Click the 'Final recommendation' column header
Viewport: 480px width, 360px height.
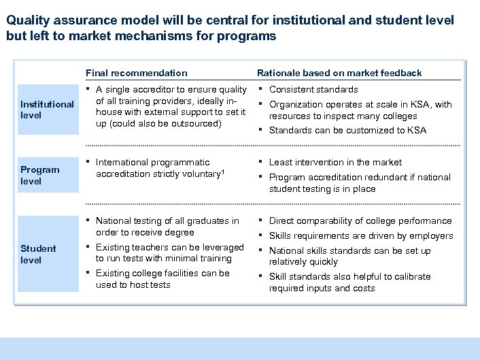tap(136, 73)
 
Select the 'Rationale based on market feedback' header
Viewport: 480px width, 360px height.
tap(339, 73)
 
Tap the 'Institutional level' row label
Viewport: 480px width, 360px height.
tap(47, 110)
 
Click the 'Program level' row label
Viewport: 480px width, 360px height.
tap(40, 176)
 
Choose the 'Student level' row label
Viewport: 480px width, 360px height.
tap(38, 254)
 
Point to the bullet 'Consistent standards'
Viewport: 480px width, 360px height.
tap(313, 89)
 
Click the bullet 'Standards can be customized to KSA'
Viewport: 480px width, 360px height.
tap(347, 130)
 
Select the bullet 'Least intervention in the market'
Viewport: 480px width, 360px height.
tap(335, 162)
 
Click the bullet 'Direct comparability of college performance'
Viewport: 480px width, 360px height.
tap(360, 220)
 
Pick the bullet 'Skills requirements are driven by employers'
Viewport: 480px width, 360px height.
tap(361, 235)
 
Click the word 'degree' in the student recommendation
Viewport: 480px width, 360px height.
tap(179, 232)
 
